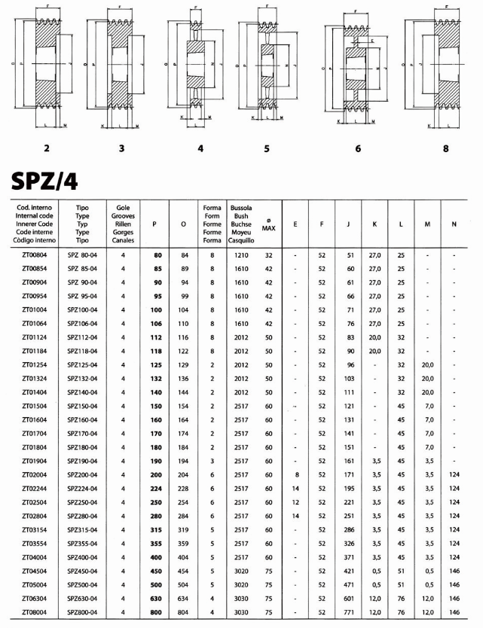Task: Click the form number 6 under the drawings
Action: click(358, 148)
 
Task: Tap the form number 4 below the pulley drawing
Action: click(200, 148)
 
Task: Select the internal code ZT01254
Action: click(36, 364)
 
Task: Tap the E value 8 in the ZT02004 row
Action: click(297, 474)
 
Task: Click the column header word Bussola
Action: click(241, 207)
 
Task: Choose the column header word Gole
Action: click(122, 207)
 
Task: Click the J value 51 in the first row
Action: click(349, 255)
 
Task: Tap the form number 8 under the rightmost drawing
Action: click(446, 148)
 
